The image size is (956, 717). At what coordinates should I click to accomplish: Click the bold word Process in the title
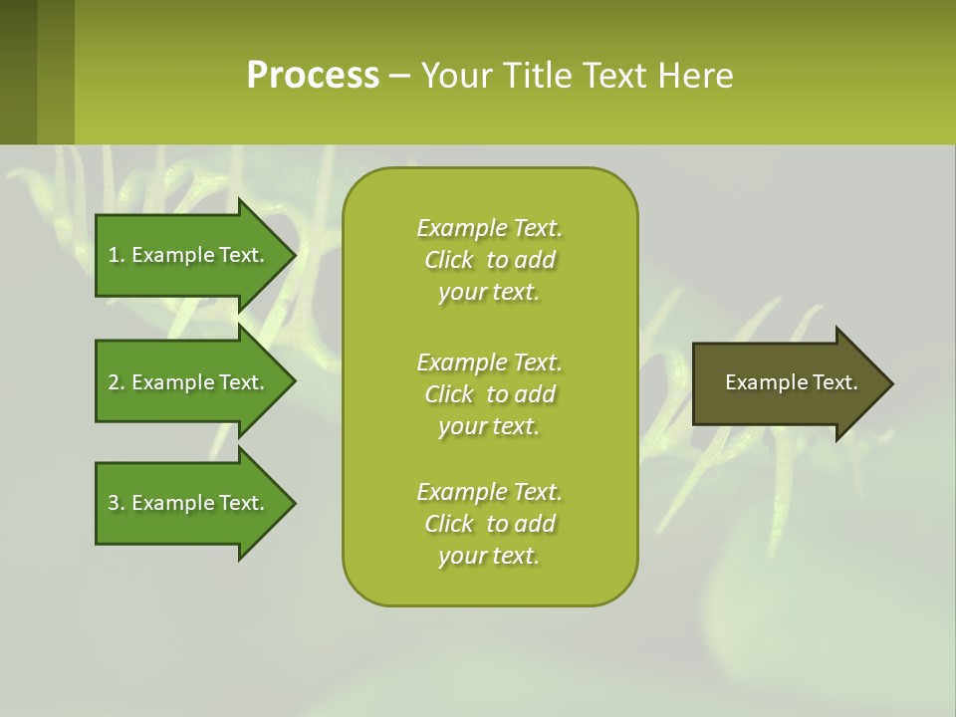coord(313,75)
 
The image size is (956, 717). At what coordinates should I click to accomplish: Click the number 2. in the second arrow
coord(116,382)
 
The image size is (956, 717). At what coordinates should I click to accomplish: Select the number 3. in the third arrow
coord(116,503)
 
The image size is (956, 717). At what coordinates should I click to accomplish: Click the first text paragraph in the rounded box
coord(489,260)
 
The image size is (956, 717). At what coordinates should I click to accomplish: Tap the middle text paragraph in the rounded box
coord(489,394)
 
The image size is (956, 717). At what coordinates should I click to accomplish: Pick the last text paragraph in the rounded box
coord(489,524)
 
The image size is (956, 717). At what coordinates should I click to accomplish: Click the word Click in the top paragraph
coord(449,260)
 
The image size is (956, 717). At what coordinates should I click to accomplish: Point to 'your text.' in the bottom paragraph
coord(489,556)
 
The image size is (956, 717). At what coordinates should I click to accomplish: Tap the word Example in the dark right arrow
coord(762,382)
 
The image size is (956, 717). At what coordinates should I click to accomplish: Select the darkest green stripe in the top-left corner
coord(18,72)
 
